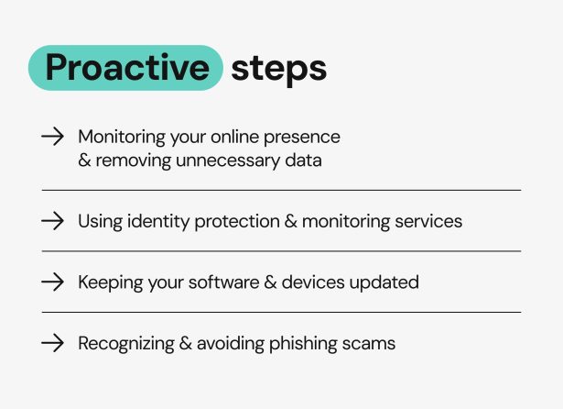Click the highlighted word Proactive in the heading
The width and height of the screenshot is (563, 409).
pos(126,68)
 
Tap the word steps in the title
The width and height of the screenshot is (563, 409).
pos(278,69)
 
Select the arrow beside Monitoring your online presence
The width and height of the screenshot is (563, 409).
pos(53,137)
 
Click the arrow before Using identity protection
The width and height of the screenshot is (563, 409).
pos(53,221)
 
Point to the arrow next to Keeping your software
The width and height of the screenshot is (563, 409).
pos(53,282)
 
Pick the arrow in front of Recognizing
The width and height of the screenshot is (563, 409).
pos(53,343)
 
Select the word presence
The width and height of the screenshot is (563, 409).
pos(303,138)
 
